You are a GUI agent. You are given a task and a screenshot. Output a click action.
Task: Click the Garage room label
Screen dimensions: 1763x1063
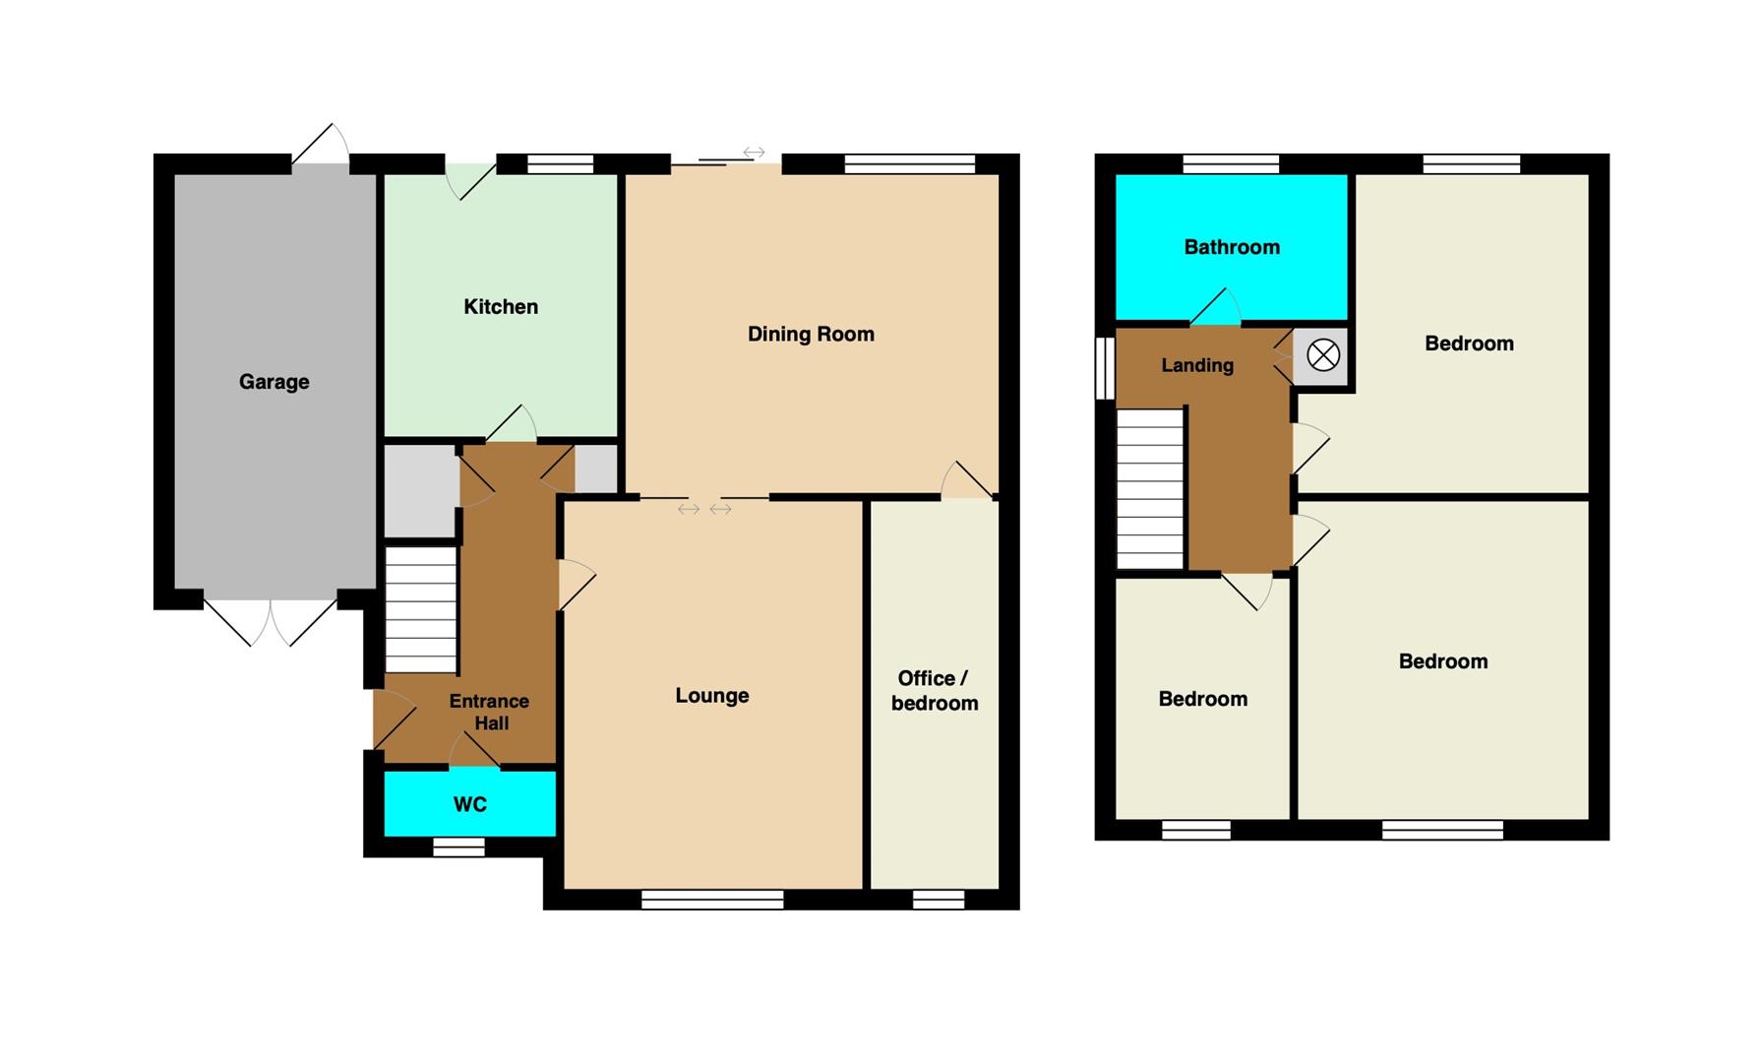click(x=274, y=382)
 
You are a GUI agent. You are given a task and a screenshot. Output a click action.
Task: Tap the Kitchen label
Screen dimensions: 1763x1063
click(x=501, y=307)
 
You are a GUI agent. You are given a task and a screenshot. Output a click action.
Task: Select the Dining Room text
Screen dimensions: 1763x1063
click(x=811, y=335)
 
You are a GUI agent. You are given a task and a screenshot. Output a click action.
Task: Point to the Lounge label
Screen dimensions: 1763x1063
click(x=712, y=696)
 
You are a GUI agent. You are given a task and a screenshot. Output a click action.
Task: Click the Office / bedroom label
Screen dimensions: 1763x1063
click(x=934, y=691)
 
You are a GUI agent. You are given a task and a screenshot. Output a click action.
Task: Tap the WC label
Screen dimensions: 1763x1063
click(x=470, y=805)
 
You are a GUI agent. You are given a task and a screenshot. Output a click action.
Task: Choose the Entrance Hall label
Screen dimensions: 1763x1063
click(x=490, y=713)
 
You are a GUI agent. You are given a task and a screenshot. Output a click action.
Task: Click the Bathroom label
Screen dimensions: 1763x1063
click(x=1232, y=248)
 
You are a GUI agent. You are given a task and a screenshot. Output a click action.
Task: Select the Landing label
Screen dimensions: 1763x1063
click(x=1197, y=366)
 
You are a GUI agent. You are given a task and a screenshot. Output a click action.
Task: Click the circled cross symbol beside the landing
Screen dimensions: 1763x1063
click(x=1323, y=355)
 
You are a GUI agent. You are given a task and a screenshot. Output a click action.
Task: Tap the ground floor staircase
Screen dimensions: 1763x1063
click(x=421, y=610)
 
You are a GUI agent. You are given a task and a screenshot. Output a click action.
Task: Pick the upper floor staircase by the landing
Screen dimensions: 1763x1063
click(x=1150, y=489)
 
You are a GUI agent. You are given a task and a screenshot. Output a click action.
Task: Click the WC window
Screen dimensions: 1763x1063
click(x=459, y=847)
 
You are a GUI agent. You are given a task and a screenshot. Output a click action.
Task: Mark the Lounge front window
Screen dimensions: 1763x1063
click(x=712, y=900)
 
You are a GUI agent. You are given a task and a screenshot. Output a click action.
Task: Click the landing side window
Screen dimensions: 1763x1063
click(x=1105, y=369)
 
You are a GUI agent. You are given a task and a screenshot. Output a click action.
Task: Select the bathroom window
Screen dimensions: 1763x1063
click(x=1231, y=164)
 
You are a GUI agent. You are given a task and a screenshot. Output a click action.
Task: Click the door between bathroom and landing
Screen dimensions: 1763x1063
click(x=1215, y=307)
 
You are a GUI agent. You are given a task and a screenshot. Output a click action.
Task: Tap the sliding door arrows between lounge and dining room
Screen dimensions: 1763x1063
click(x=704, y=509)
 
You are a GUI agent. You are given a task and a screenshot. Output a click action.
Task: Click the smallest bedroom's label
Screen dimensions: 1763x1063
click(x=1203, y=700)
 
